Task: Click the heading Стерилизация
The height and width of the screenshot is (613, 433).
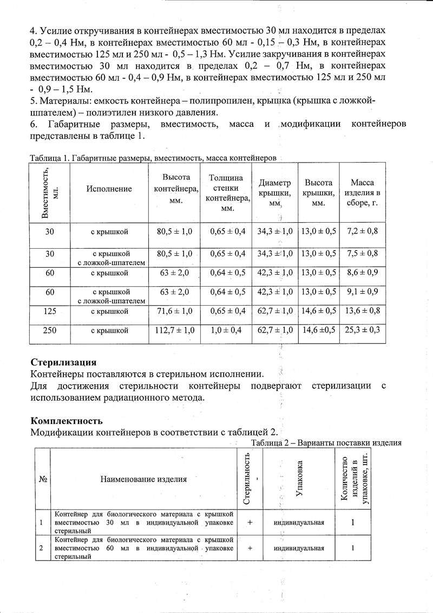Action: click(63, 363)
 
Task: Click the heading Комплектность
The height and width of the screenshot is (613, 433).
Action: click(67, 421)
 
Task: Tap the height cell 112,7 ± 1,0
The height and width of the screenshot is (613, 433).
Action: click(174, 330)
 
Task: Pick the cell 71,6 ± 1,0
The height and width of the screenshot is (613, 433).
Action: click(174, 312)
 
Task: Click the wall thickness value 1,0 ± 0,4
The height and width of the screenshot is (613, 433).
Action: click(227, 330)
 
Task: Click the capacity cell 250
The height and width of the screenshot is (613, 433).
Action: click(50, 330)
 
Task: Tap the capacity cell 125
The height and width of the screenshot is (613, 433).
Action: click(50, 312)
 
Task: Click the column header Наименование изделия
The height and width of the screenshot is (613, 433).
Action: click(143, 479)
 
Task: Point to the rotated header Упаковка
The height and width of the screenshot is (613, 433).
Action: click(299, 479)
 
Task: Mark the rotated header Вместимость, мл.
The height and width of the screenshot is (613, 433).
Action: click(50, 192)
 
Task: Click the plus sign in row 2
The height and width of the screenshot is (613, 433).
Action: click(250, 548)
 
